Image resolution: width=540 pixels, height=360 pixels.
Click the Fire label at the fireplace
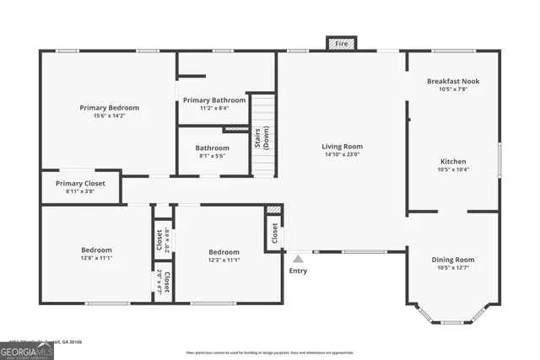(342, 43)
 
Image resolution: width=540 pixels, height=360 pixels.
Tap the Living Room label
(342, 147)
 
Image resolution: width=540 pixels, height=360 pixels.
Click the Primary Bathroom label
(214, 100)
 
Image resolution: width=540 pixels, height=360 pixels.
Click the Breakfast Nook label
(453, 81)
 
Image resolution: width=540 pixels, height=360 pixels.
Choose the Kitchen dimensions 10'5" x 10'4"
(453, 169)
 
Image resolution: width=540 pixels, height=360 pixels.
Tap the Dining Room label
(453, 260)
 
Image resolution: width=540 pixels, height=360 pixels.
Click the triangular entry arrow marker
(298, 259)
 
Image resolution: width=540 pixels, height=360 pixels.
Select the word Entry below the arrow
(299, 271)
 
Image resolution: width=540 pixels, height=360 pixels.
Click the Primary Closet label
(81, 183)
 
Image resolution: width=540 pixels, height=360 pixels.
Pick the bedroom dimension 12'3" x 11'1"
(224, 260)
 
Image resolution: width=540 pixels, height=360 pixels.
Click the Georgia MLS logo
(26, 352)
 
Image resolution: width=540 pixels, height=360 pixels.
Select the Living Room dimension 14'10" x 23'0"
(342, 155)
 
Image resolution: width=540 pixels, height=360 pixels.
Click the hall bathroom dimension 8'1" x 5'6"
(213, 156)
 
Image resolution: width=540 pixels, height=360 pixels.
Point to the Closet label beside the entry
(274, 231)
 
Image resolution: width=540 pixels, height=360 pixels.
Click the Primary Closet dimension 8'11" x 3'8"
(81, 191)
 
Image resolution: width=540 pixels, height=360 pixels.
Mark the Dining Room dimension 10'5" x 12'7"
(453, 268)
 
